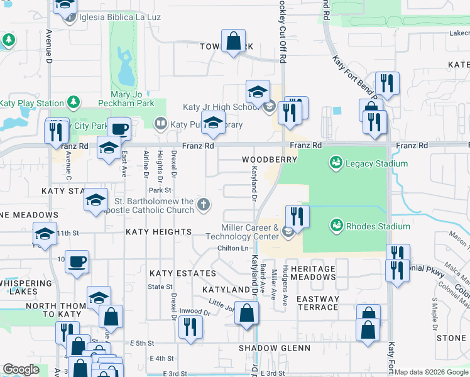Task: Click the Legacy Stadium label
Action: pyautogui.click(x=376, y=164)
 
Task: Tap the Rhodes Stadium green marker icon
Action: pyautogui.click(x=336, y=226)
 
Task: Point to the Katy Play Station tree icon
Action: pyautogui.click(x=74, y=102)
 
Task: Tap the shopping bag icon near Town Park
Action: pyautogui.click(x=233, y=41)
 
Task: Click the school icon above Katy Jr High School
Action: pyautogui.click(x=258, y=92)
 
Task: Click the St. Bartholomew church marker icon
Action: pyautogui.click(x=203, y=204)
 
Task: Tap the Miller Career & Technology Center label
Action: pyautogui.click(x=249, y=232)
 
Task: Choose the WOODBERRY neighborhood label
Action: pyautogui.click(x=270, y=160)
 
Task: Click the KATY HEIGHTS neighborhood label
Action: pyautogui.click(x=158, y=232)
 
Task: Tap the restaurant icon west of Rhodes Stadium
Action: pyautogui.click(x=297, y=216)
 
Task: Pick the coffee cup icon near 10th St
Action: pyautogui.click(x=77, y=261)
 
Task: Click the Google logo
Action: pyautogui.click(x=21, y=369)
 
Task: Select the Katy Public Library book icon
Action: pyautogui.click(x=161, y=124)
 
